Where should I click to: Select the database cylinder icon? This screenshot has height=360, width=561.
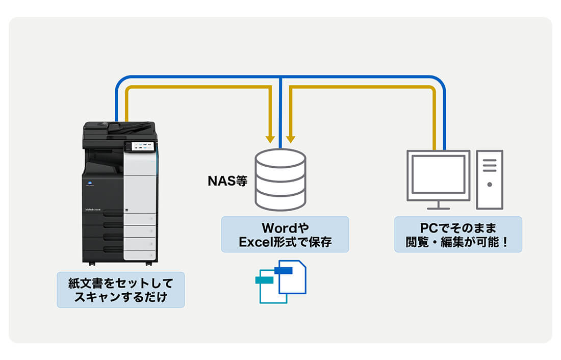pyautogui.click(x=280, y=179)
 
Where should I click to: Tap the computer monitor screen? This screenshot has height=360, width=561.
pyautogui.click(x=438, y=174)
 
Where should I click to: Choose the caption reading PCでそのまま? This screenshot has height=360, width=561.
pyautogui.click(x=457, y=227)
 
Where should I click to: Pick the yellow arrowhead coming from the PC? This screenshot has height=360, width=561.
pyautogui.click(x=291, y=138)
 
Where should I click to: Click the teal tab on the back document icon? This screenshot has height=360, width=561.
pyautogui.click(x=265, y=280)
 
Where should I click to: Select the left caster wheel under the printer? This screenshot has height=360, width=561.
pyautogui.click(x=92, y=264)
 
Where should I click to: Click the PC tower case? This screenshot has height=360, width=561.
pyautogui.click(x=490, y=179)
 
